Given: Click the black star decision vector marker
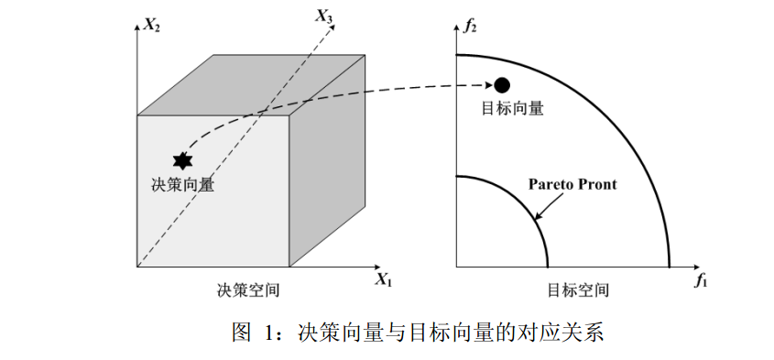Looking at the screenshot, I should (x=182, y=160).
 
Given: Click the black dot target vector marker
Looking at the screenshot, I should (x=501, y=85).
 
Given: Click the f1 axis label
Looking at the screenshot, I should (x=701, y=280).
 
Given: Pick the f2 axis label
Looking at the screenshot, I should (x=471, y=26).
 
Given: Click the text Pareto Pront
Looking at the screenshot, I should (x=572, y=184).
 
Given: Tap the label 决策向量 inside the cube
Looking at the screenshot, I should (x=182, y=184).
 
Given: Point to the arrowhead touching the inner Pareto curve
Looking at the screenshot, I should (x=538, y=216).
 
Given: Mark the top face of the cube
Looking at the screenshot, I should (x=253, y=85).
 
